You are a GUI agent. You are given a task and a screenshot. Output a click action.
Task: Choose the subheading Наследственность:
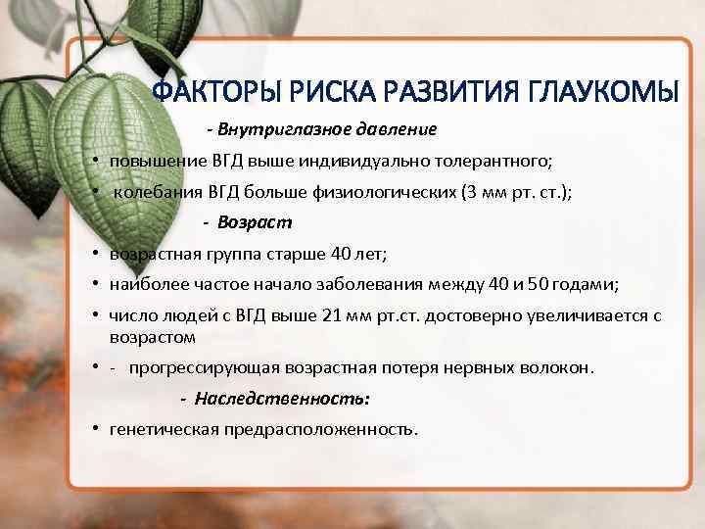[x=282, y=399]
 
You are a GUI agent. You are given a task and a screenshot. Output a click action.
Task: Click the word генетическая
[x=164, y=429]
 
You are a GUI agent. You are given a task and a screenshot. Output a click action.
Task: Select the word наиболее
[x=143, y=285]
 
